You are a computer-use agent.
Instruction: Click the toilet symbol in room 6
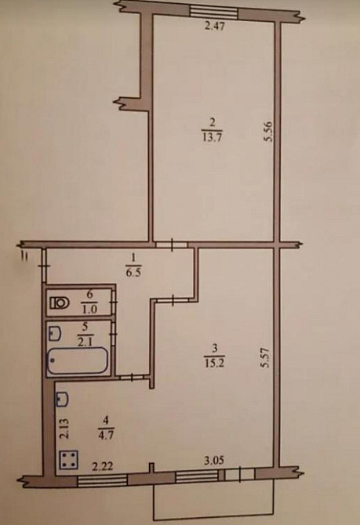59,301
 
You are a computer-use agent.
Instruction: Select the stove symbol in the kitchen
68,460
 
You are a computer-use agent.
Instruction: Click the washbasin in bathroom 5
54,331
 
